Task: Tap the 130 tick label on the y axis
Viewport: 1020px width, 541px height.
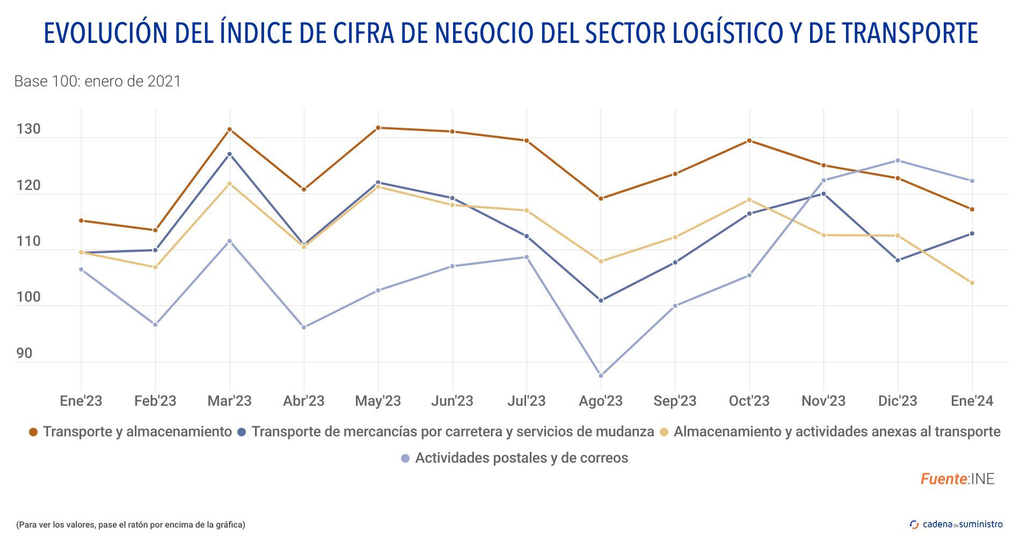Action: click(28, 129)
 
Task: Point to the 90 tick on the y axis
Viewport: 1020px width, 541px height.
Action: click(24, 354)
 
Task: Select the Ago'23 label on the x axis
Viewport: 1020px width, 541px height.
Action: click(601, 401)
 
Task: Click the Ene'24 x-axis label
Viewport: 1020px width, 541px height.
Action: click(972, 401)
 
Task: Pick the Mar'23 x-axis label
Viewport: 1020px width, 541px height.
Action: click(229, 401)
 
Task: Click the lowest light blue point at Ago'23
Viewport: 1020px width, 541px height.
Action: click(601, 376)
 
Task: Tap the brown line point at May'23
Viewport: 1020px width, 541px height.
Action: click(378, 128)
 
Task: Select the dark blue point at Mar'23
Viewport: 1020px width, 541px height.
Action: click(230, 154)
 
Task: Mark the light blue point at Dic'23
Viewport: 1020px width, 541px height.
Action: click(898, 160)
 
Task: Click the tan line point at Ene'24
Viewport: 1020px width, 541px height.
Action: click(972, 283)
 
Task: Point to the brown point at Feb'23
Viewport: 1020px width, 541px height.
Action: click(156, 230)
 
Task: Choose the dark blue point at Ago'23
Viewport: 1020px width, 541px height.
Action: click(601, 301)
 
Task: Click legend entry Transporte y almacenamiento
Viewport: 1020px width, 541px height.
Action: click(137, 432)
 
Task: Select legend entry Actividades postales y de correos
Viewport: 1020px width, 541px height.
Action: click(521, 458)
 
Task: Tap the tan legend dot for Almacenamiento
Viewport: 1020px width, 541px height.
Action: click(664, 432)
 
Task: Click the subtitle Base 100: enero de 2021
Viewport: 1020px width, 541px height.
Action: click(97, 82)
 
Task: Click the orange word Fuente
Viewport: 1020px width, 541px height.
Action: click(943, 479)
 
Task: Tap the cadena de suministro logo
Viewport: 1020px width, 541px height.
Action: click(956, 524)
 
